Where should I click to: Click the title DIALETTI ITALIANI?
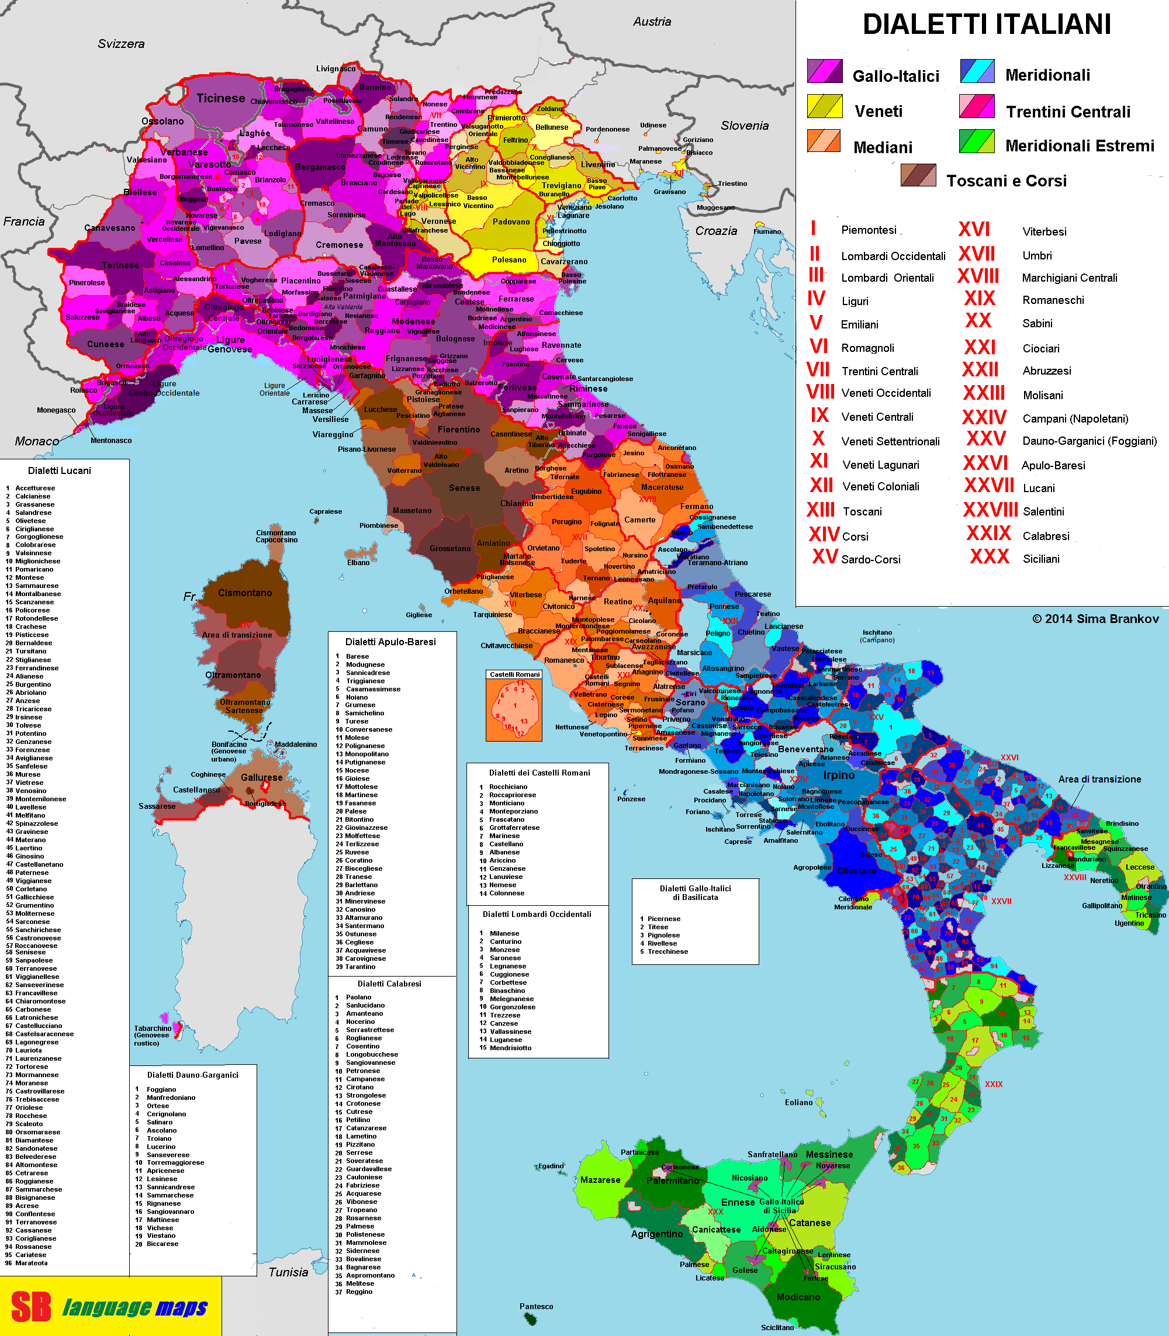point(987,25)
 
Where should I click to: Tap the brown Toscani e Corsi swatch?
point(918,175)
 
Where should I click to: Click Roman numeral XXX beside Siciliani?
point(989,556)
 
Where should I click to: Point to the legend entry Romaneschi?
point(1053,300)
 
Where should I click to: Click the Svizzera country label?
point(122,44)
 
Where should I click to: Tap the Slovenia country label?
point(744,125)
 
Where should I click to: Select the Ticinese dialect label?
point(220,99)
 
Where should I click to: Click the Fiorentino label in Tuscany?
point(459,429)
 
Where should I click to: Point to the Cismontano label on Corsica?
point(245,593)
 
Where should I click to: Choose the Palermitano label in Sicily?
point(673,1181)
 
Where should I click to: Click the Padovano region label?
point(511,222)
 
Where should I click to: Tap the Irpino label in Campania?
point(838,775)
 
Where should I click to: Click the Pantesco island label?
point(536,1306)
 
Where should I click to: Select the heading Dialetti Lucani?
point(60,470)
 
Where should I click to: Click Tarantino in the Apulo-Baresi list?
point(360,967)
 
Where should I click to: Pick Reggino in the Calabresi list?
point(359,1292)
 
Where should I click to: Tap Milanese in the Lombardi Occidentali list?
point(504,933)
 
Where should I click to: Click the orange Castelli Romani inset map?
point(514,708)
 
